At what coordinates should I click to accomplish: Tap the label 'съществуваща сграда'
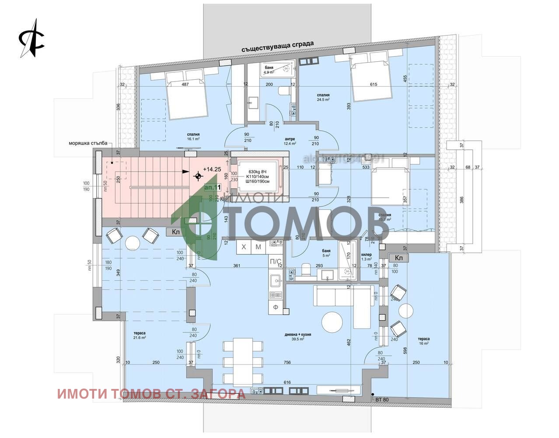277,46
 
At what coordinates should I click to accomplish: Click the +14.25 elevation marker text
212,169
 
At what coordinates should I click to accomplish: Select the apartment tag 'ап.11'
213,187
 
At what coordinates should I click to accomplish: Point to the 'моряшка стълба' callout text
87,143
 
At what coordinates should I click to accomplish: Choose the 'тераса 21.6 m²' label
140,335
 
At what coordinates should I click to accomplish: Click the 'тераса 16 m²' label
423,341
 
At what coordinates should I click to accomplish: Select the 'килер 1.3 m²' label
367,257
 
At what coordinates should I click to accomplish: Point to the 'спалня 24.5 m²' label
323,97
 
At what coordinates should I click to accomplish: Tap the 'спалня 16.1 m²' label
193,137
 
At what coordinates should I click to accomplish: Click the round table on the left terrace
132,242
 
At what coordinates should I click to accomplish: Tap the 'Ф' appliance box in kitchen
276,307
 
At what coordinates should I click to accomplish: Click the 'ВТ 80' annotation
381,399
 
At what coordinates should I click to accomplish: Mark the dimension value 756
287,362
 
